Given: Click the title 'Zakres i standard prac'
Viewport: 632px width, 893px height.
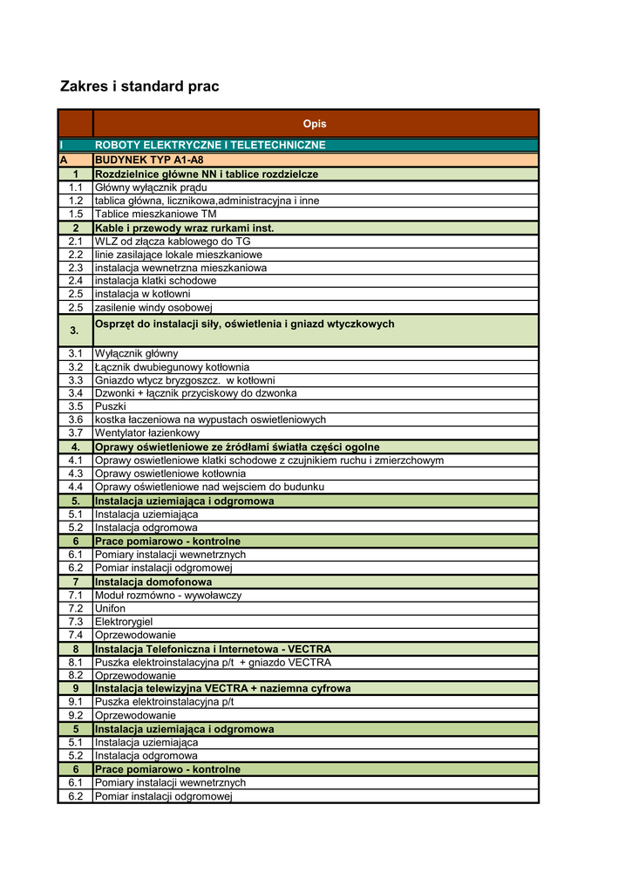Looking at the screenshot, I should click(x=139, y=86).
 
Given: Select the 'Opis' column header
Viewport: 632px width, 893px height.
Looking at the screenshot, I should click(x=315, y=124).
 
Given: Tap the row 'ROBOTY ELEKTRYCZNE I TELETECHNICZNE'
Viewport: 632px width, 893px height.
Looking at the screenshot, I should click(x=210, y=145).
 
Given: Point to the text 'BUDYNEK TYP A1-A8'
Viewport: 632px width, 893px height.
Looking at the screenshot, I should click(x=148, y=160).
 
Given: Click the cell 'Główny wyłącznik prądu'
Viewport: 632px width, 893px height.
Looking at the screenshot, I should click(x=151, y=187).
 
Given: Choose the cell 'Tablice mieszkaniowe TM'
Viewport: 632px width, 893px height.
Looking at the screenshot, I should click(x=155, y=214).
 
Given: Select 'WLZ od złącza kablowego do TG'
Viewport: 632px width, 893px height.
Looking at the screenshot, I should click(x=173, y=242).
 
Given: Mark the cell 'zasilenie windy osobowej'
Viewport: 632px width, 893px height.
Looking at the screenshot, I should click(x=153, y=307).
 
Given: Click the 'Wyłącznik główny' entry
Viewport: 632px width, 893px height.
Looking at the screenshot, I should click(x=136, y=353).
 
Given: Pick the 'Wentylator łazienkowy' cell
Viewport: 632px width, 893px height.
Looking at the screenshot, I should click(x=146, y=433).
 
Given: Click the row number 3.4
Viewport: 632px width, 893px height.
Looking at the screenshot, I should click(x=76, y=393).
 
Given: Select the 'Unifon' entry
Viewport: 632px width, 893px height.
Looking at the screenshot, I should click(x=110, y=608).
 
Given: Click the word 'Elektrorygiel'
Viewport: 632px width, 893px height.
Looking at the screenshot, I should click(x=124, y=622).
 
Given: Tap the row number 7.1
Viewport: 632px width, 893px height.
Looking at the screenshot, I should click(x=76, y=595).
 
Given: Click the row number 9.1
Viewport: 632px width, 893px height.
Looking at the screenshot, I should click(x=76, y=701).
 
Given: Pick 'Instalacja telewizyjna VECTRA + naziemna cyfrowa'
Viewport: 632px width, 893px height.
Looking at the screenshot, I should click(x=222, y=689).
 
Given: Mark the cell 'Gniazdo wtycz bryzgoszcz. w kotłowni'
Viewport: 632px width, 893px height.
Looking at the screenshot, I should click(x=185, y=380).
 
